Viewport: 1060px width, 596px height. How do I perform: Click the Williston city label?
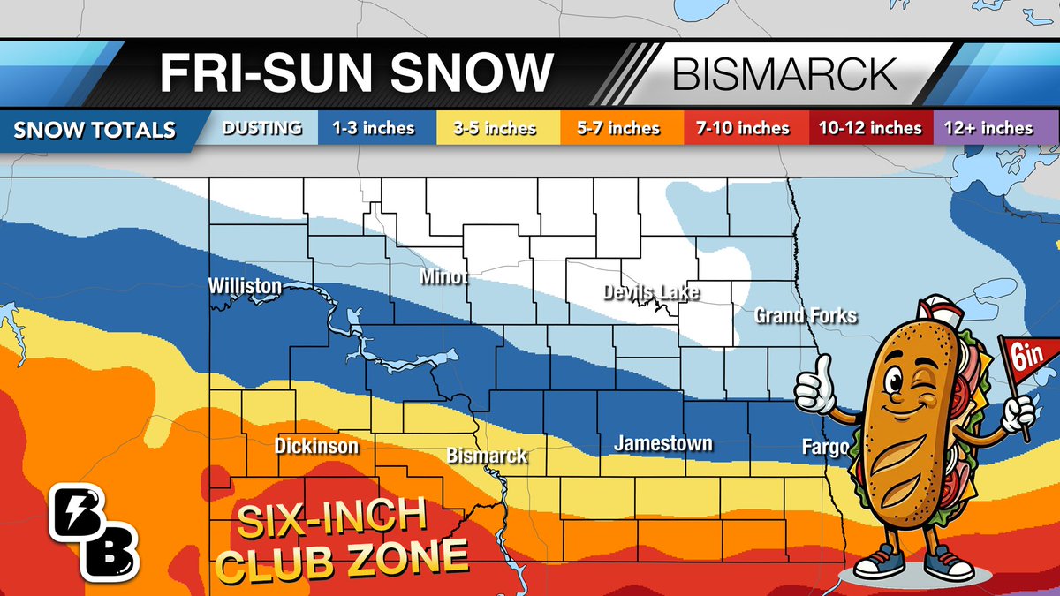point(245,286)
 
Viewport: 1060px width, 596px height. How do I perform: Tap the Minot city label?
point(443,278)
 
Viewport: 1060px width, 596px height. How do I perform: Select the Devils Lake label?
point(651,292)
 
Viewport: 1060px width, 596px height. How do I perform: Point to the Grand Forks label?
point(805,315)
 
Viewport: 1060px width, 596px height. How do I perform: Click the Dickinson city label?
point(316,446)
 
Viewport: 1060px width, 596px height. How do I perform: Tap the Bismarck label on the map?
point(487,456)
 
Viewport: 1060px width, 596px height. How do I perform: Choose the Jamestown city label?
point(662,443)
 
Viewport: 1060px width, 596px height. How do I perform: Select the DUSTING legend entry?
point(261,129)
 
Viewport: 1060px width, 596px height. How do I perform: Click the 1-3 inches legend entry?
point(373,129)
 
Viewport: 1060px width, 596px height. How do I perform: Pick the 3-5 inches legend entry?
point(495,129)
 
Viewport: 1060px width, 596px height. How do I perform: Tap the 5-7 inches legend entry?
point(618,129)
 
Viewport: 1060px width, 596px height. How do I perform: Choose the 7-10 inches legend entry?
point(742,129)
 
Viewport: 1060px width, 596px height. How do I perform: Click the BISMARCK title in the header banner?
point(784,74)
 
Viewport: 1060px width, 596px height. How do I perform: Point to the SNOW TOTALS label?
point(95,131)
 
